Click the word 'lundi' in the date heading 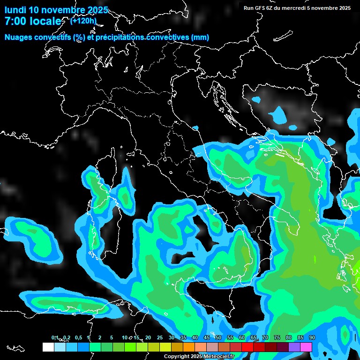15,10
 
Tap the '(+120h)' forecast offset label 83,21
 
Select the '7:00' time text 15,21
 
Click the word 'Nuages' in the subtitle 18,37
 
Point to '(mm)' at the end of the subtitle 200,37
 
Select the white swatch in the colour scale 48,347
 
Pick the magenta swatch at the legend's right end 306,347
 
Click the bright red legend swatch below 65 247,347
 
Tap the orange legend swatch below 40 188,347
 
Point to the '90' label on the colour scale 312,337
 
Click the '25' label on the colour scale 160,337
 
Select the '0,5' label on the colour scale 78,337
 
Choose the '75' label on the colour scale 277,337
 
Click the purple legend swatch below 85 294,347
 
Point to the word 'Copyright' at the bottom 177,357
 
